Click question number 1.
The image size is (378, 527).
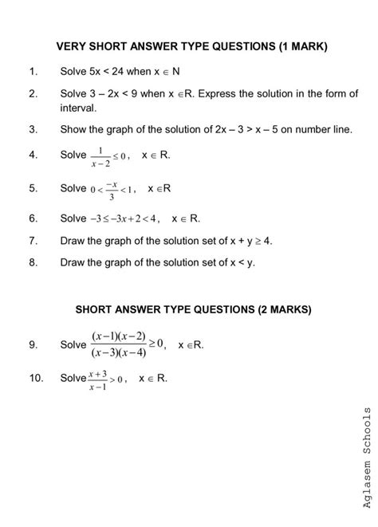click(x=32, y=72)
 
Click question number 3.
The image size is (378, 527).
click(x=32, y=128)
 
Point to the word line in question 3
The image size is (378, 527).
click(x=338, y=128)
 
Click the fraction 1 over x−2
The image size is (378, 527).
click(x=102, y=155)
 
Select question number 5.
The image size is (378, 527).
click(x=32, y=189)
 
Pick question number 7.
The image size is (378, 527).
click(x=32, y=239)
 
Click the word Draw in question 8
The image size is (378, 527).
click(x=73, y=261)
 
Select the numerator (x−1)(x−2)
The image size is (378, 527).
click(x=119, y=336)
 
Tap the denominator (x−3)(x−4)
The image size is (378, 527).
click(x=119, y=352)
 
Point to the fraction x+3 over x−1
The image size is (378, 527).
click(x=98, y=379)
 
